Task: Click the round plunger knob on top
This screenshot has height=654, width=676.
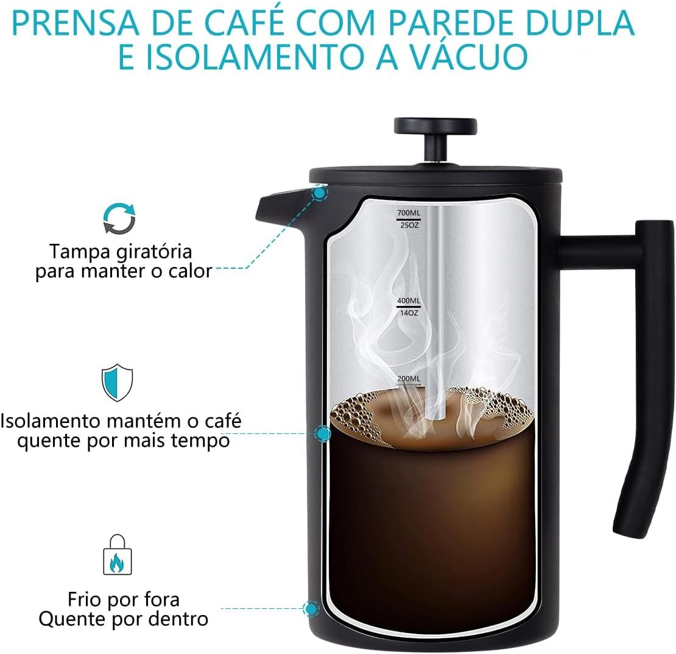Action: tap(435, 126)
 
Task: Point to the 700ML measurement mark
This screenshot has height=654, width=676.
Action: tap(408, 213)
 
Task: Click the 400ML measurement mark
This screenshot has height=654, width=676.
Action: tap(408, 300)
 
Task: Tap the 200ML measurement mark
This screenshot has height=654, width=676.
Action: tap(408, 379)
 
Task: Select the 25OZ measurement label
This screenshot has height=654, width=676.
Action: tap(409, 225)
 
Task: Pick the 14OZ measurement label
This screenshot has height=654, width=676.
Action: tap(409, 313)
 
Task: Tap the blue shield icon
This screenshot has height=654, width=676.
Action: tap(118, 383)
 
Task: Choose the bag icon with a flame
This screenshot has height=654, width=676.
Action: tap(118, 555)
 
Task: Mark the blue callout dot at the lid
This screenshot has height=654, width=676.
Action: tap(320, 193)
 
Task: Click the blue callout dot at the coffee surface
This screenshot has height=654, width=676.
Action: tap(323, 433)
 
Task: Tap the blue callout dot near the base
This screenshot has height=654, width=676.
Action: tap(311, 609)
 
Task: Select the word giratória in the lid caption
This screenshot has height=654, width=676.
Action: tap(155, 252)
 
